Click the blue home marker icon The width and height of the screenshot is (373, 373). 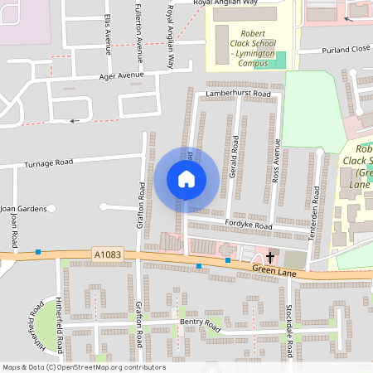click(186, 178)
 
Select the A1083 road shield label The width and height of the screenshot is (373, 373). click(107, 254)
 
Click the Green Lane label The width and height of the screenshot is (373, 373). click(276, 269)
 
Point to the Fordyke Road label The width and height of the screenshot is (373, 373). click(248, 225)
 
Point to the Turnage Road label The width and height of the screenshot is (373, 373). click(49, 162)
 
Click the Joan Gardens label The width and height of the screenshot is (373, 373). click(23, 208)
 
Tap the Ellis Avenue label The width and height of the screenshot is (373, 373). click(107, 29)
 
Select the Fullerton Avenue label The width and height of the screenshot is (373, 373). click(138, 33)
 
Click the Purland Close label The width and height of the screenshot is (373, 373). click(346, 50)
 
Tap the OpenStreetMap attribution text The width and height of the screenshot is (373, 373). click(83, 367)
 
